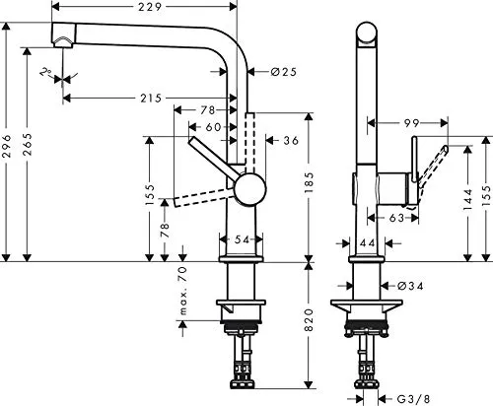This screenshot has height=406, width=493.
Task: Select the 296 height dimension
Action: tap(8, 149)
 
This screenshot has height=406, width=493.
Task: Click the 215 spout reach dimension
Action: tap(152, 97)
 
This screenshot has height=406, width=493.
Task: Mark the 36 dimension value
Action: tap(290, 141)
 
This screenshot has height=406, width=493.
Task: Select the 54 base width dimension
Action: tap(242, 239)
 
